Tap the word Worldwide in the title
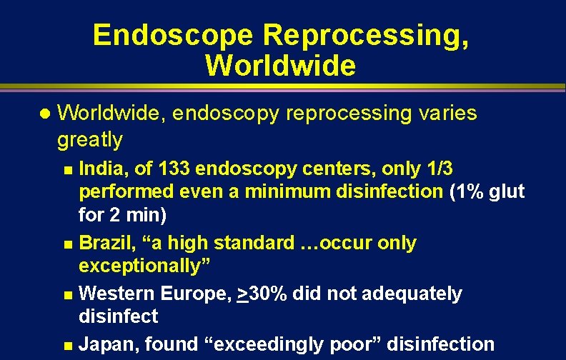[x=280, y=66]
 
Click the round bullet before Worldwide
[x=44, y=114]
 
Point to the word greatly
[x=90, y=139]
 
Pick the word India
[x=100, y=169]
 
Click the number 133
[x=174, y=169]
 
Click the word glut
[x=507, y=191]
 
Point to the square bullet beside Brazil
[x=67, y=245]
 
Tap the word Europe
[x=192, y=294]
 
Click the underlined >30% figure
[x=262, y=294]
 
